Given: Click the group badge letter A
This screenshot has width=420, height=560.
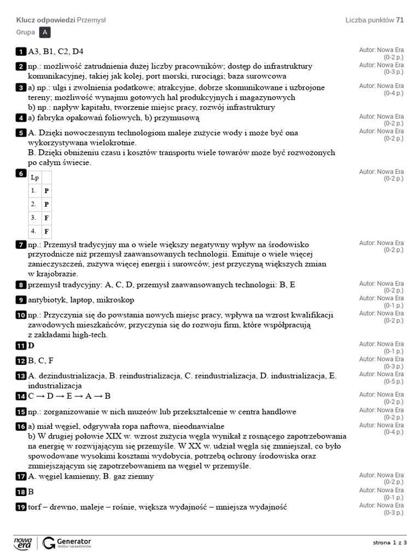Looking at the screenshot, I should [x=45, y=33].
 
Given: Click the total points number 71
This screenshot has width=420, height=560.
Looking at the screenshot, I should [x=400, y=20].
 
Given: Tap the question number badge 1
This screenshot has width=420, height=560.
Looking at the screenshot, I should [x=21, y=51].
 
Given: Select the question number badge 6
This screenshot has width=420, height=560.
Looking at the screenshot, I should [x=21, y=173].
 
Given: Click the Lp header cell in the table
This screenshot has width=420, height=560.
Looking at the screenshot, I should [x=35, y=177].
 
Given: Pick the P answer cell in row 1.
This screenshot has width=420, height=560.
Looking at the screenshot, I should [x=46, y=191].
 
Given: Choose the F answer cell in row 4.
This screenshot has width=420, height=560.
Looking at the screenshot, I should [x=46, y=231].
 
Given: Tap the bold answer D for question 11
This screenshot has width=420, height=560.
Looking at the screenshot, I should [x=31, y=346].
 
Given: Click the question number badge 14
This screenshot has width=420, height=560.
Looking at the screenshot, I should [x=21, y=396].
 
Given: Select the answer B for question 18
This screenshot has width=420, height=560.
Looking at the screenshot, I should [x=31, y=492].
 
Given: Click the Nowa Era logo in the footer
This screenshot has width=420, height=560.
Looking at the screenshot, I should [x=23, y=542].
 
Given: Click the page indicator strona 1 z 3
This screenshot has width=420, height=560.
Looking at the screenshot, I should [x=390, y=542].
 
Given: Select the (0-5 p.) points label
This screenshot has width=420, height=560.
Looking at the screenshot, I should [x=393, y=381].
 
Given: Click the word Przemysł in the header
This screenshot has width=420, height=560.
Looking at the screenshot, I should [x=91, y=20].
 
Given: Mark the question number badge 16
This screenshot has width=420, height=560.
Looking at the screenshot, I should [x=21, y=426].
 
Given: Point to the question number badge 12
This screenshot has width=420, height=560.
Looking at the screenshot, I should [x=21, y=361].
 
